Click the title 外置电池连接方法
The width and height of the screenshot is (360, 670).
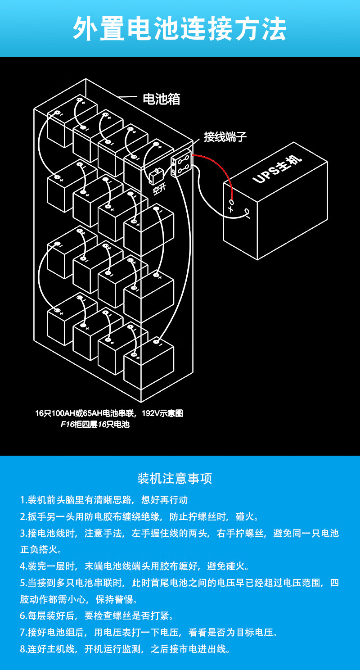tap(180, 29)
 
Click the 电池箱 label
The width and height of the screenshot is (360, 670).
tap(162, 99)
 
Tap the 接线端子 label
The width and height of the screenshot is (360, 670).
tap(225, 137)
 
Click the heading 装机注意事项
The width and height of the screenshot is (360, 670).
tap(175, 478)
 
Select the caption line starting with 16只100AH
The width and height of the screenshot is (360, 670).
tap(109, 413)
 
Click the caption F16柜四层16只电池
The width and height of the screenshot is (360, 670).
tap(95, 424)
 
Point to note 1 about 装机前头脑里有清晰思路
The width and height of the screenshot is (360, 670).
tap(104, 500)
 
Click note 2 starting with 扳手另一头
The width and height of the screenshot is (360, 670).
tap(139, 516)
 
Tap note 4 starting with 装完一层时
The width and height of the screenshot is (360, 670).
tap(135, 566)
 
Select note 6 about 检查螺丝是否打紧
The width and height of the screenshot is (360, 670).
tap(97, 616)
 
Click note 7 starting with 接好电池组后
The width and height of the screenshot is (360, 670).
tap(149, 632)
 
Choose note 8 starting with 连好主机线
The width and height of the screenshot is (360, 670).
tap(125, 649)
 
